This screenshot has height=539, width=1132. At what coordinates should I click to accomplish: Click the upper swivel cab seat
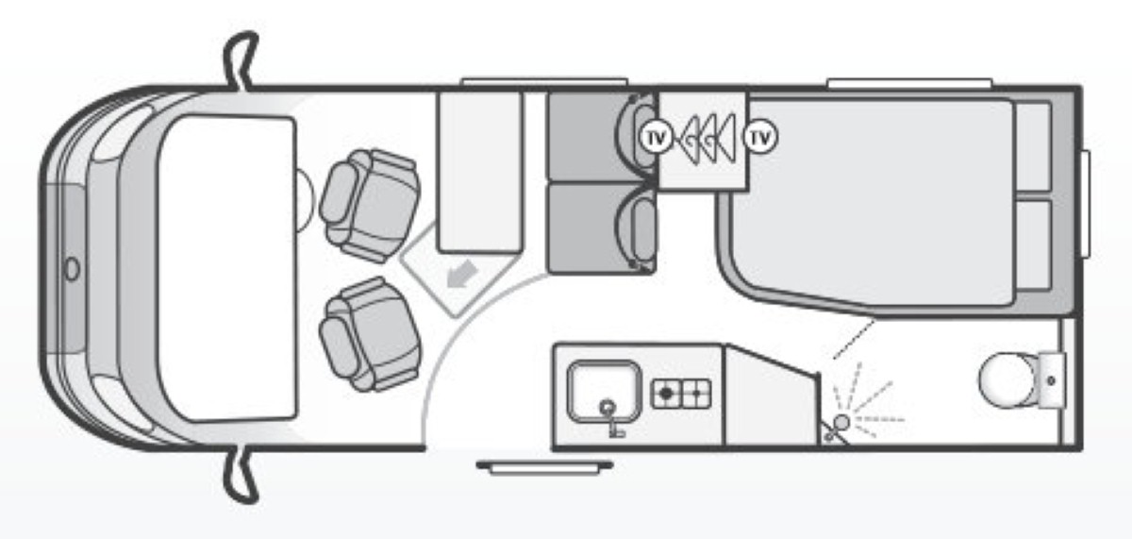[370, 204]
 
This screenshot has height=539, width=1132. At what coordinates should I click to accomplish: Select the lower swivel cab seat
[370, 333]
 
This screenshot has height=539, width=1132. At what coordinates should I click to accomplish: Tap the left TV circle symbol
[657, 138]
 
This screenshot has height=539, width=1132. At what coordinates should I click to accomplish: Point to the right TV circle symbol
[759, 138]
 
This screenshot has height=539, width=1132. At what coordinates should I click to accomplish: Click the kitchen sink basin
[604, 390]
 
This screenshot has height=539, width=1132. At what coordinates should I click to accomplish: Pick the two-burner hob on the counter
[680, 392]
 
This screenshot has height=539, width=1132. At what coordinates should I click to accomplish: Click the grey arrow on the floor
[461, 276]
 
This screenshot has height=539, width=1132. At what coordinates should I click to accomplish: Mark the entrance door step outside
[544, 465]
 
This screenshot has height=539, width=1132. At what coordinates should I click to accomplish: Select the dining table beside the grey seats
[480, 172]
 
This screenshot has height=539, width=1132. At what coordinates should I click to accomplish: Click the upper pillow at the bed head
[1035, 147]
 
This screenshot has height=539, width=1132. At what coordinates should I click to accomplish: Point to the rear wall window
[1087, 204]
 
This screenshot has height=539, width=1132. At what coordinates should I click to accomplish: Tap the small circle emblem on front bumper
[72, 269]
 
